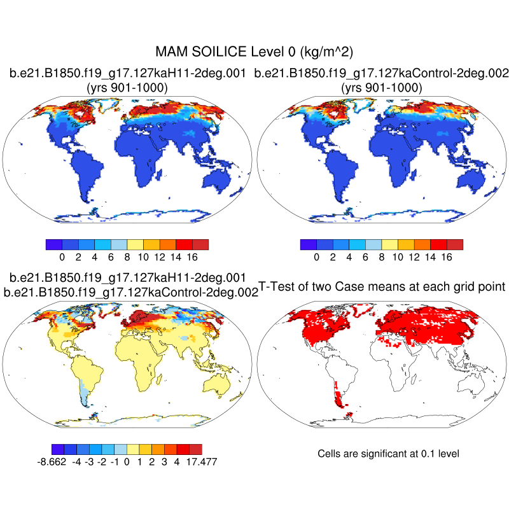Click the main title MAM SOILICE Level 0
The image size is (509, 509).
254,51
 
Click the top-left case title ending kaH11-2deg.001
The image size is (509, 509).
127,74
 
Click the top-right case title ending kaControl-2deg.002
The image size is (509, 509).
380,74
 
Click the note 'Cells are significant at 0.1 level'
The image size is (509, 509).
388,454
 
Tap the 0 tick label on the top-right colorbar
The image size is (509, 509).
316,257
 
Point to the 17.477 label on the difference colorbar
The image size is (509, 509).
201,461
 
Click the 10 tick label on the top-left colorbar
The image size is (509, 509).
143,257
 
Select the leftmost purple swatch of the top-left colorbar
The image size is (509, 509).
53,244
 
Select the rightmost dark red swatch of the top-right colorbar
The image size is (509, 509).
455,244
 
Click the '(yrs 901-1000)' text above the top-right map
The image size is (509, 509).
380,88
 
